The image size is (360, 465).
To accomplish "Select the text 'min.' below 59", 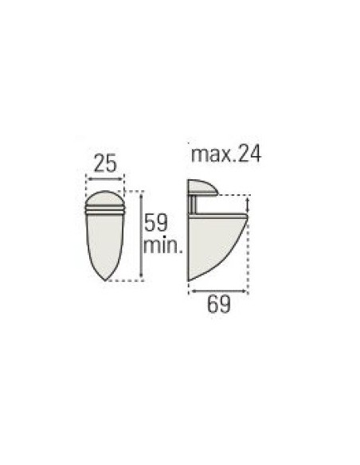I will tap(163, 245).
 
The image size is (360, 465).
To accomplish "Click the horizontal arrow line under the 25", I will tap(105, 180).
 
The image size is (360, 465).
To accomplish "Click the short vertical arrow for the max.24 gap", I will tap(248, 205).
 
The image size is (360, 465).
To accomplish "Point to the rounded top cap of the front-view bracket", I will tap(105, 197).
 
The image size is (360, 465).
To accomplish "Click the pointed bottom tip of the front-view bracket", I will tap(105, 278).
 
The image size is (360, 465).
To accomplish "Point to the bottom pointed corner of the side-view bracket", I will tap(190, 279).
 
